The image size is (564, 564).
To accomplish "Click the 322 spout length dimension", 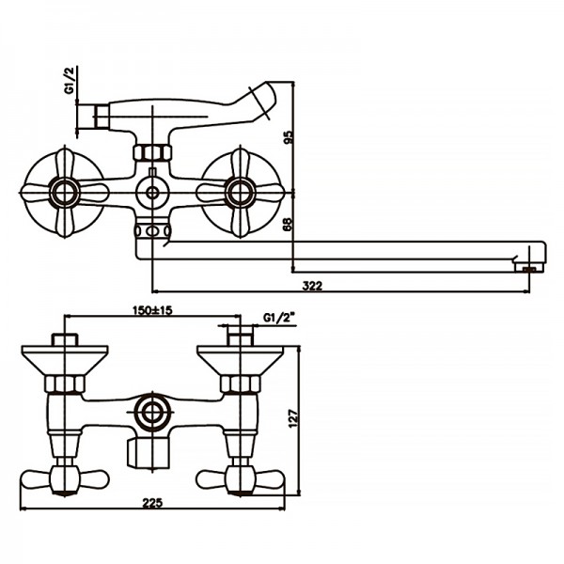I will tap(313, 285).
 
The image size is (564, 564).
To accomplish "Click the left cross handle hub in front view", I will tap(66, 194).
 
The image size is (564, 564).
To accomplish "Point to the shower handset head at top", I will tap(269, 97).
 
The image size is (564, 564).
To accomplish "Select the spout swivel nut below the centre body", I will tap(152, 230).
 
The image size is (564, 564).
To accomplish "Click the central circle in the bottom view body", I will tap(149, 410).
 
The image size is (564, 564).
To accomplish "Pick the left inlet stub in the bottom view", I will tap(65, 340).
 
